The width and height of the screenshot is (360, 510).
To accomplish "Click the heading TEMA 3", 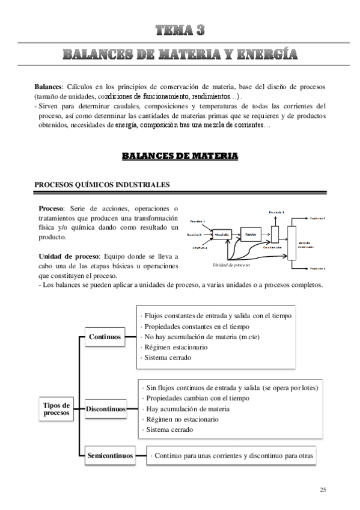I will tap(180, 30).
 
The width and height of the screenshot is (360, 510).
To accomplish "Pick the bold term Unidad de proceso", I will tap(67, 256).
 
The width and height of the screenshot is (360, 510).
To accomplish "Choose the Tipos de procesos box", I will tap(57, 409).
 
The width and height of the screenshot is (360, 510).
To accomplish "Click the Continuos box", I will tap(105, 337).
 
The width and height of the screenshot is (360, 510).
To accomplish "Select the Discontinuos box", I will tap(105, 409).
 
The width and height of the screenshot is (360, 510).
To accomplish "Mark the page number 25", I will tap(323, 491).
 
